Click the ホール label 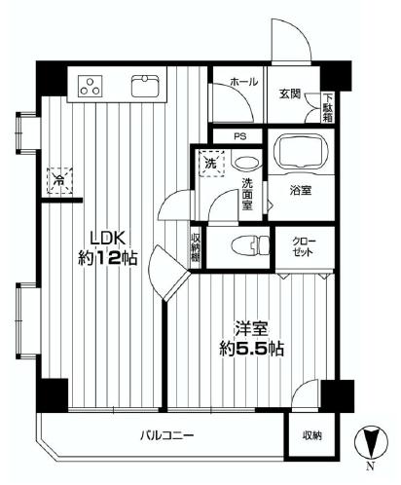click(x=243, y=82)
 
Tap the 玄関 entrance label click(x=289, y=93)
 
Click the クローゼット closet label click(x=300, y=247)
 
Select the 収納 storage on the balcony click(x=310, y=435)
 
